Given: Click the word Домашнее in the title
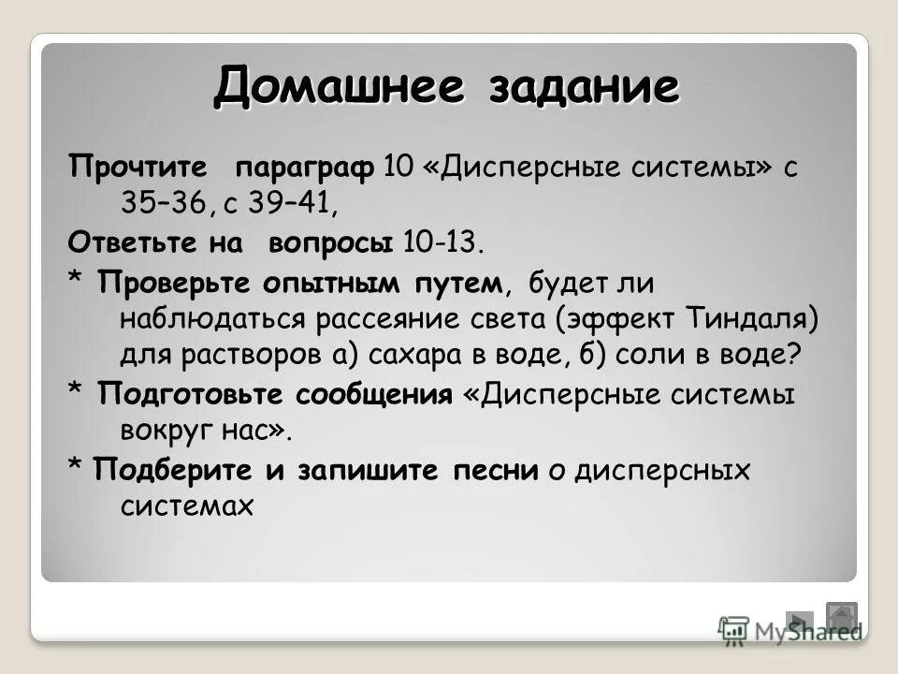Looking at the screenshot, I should [x=340, y=89].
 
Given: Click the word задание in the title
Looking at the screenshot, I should [x=583, y=89].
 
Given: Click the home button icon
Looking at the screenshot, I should [x=841, y=618].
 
